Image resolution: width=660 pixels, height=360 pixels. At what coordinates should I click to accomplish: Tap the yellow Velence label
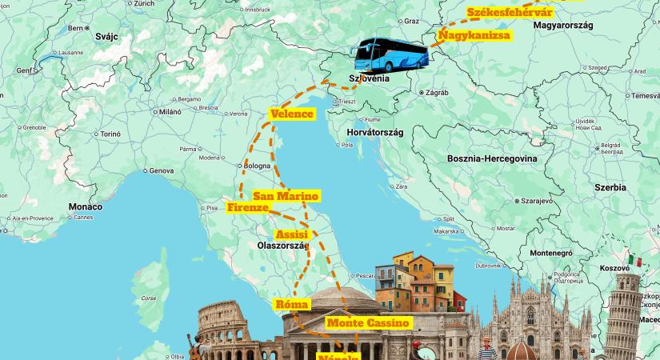(x=292, y=114)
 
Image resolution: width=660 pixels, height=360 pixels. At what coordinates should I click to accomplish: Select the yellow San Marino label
(x=286, y=197)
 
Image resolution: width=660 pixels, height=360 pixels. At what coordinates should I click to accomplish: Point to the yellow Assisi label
(x=290, y=234)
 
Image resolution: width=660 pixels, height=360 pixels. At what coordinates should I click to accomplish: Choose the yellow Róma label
(x=291, y=305)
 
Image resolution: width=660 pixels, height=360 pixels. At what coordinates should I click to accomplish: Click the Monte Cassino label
(x=368, y=323)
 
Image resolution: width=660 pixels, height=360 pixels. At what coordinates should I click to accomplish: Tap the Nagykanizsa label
(x=474, y=36)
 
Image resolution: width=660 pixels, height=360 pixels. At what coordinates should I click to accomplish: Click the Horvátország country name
(x=375, y=131)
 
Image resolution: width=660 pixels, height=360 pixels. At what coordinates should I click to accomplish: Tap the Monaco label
(x=85, y=206)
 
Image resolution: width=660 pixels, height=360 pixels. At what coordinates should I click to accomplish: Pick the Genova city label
(x=161, y=170)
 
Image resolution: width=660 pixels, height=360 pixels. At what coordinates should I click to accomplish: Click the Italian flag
(x=636, y=261)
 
